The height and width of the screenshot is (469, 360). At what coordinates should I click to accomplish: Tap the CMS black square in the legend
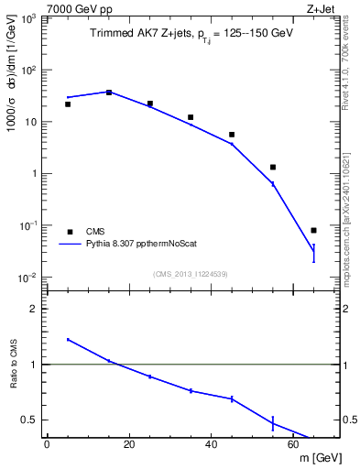tap(69, 231)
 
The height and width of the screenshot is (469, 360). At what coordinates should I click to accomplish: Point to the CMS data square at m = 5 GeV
tap(68, 104)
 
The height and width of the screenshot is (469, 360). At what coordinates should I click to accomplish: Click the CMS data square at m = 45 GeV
tap(232, 135)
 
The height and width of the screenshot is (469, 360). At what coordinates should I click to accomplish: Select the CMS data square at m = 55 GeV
tap(273, 168)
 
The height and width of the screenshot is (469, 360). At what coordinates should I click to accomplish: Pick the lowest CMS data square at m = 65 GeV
tap(313, 231)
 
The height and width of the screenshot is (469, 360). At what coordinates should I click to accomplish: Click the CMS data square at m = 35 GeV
tap(191, 117)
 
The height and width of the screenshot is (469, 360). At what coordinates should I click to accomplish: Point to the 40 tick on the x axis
tap(212, 444)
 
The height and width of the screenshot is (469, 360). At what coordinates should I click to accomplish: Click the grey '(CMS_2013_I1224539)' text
tap(191, 273)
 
